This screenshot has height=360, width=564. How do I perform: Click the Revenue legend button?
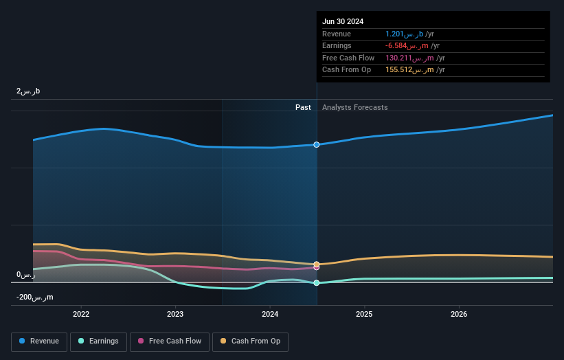click(x=40, y=341)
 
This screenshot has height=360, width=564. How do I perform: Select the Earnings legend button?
click(x=99, y=341)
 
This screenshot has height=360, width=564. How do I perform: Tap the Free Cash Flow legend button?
click(x=169, y=341)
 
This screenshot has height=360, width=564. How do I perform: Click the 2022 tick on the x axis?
click(x=81, y=314)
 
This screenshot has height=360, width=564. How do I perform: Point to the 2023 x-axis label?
click(x=175, y=314)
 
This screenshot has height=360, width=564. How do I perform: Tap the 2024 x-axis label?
click(x=270, y=314)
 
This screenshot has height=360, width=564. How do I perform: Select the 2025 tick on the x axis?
click(x=364, y=314)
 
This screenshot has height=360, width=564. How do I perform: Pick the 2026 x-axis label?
click(x=459, y=314)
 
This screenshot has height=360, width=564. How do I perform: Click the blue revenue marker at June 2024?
click(x=317, y=145)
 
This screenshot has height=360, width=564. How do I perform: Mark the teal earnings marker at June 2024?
click(x=317, y=283)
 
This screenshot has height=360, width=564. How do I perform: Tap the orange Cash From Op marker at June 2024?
click(x=317, y=264)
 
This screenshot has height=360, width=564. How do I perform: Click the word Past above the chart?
click(x=303, y=108)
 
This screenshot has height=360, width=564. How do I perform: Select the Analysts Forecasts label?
click(x=354, y=108)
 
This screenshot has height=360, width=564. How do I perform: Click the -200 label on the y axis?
click(x=35, y=297)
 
